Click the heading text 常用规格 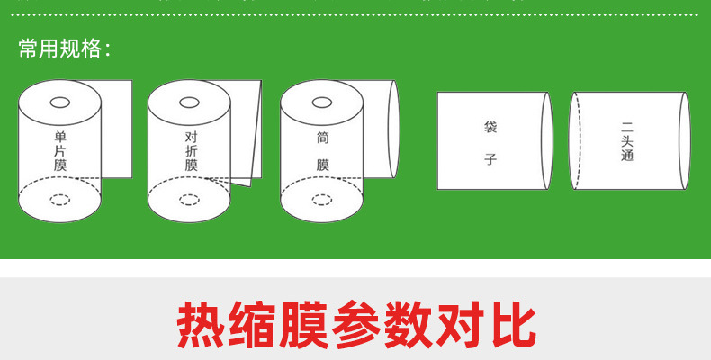[59, 49]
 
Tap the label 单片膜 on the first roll [60, 151]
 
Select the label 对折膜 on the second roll [191, 151]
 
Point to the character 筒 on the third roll [322, 138]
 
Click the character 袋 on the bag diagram [490, 127]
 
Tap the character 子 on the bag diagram [490, 159]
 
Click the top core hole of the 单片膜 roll [60, 103]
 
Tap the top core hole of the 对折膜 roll [190, 103]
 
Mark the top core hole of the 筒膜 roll [322, 103]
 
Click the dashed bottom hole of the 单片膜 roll [60, 200]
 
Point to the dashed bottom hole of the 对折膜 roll [190, 200]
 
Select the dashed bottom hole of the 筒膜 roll [322, 200]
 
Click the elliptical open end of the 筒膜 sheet [399, 130]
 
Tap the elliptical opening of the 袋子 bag [553, 140]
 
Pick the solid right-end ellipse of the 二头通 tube [689, 140]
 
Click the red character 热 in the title [201, 325]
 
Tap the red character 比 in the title [512, 325]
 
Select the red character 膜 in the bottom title [304, 325]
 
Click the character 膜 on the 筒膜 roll [322, 165]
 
